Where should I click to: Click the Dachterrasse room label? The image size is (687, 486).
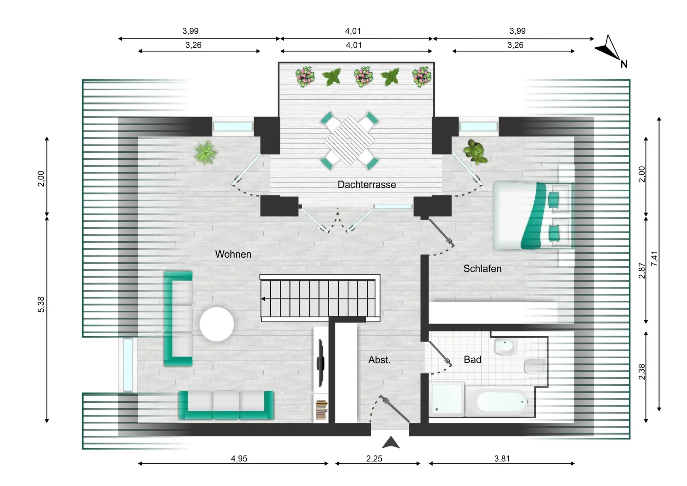pos(367,184)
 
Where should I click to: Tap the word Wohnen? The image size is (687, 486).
pos(233,254)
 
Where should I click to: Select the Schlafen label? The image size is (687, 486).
pos(482,268)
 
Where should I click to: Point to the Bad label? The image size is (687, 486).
pos(473,359)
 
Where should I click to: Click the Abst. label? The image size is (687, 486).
pos(380,360)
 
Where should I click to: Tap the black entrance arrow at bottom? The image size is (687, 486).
pos(391,442)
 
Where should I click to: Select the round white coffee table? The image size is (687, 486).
pos(217,324)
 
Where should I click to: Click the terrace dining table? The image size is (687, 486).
pos(349,141)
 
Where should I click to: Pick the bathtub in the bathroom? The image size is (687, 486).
pos(500,402)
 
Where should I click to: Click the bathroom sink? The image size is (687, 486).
pos(505,346)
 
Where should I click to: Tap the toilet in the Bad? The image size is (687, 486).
pos(535,367)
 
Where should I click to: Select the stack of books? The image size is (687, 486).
pos(321,410)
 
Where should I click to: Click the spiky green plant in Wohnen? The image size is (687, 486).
pos(206,153)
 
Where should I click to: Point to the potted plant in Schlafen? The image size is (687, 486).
pos(475,152)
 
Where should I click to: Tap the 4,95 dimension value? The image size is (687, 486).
pos(239,459)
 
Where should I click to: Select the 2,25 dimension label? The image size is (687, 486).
pos(374,459)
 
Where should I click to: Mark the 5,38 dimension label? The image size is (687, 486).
pos(41,304)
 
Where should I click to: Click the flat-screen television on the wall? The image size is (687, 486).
pos(320,363)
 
